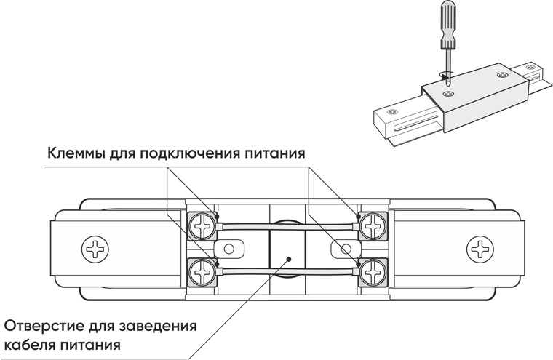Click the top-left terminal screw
tap(202, 225)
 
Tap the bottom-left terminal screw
tap(202, 271)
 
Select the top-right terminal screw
tap(374, 225)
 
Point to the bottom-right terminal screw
tap(374, 271)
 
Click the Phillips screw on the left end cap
tap(95, 249)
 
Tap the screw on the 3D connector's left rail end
tap(391, 111)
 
